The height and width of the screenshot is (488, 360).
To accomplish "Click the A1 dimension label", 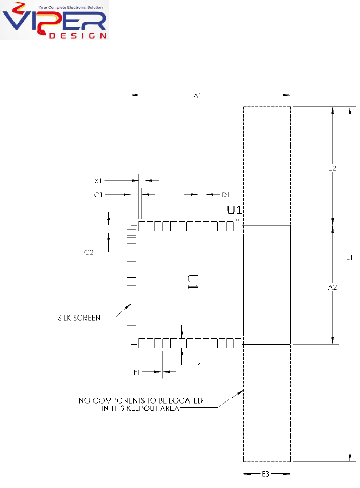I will pos(197,95).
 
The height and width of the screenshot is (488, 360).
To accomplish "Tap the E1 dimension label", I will pos(350,257).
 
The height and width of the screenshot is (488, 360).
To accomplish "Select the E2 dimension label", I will pos(333,168).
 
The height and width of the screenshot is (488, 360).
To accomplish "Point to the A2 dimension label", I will pos(333,288).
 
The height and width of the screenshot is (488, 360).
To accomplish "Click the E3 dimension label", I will pos(266,473).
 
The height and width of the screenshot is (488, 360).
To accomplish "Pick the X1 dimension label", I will pos(98,181).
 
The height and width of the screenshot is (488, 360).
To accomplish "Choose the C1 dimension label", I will pos(98,194).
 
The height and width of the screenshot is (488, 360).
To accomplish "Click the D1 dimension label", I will pos(225,194).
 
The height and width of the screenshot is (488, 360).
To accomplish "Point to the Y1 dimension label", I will pos(200,364).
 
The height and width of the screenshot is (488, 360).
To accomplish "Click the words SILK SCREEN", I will pos(79,316).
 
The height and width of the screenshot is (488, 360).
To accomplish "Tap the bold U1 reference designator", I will pos(236,210).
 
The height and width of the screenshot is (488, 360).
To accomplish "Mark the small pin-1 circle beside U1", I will pos(237,220).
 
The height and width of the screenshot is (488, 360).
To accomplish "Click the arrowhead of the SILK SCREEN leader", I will pos(129,304).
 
